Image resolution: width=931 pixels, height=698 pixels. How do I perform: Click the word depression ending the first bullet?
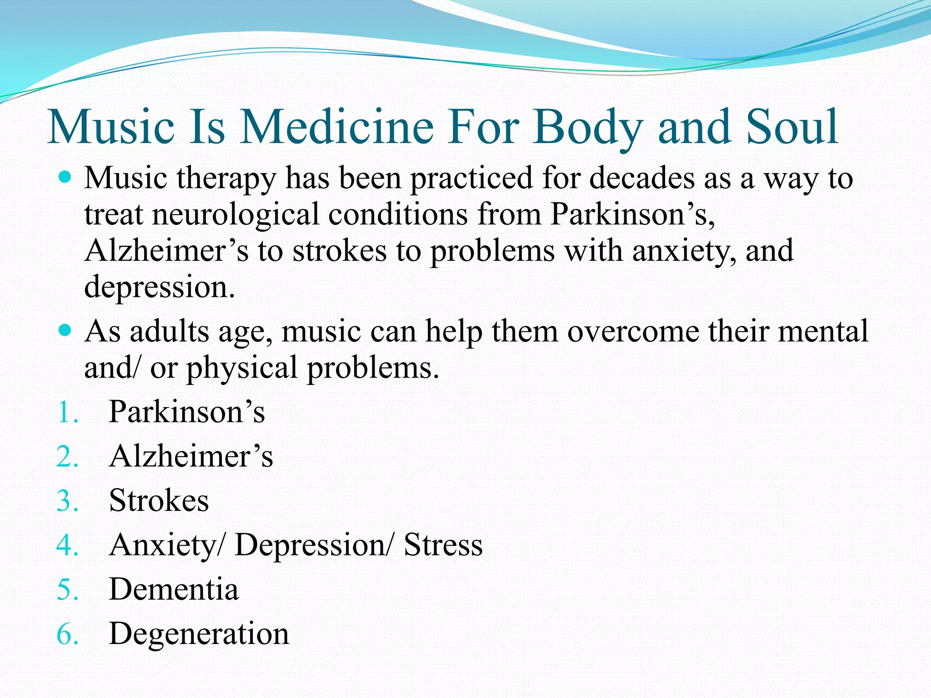click(x=159, y=287)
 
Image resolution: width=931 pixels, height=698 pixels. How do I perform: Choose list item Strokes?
click(x=159, y=501)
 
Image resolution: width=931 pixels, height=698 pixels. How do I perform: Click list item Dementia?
click(x=174, y=589)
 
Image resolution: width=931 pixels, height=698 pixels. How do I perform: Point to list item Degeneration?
click(x=199, y=634)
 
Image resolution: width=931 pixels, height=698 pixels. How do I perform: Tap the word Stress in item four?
click(x=443, y=545)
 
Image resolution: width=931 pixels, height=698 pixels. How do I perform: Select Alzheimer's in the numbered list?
click(x=191, y=456)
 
